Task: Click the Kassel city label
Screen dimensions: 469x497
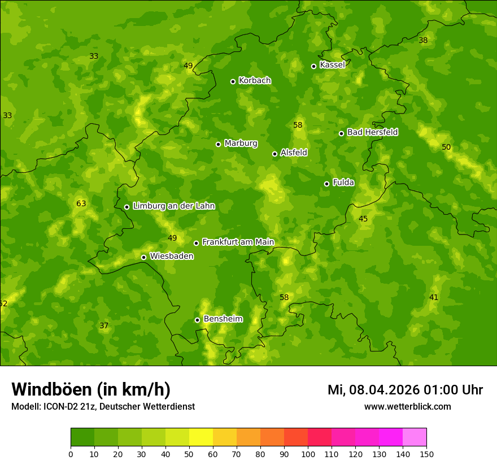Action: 332,65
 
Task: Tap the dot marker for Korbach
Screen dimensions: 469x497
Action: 233,81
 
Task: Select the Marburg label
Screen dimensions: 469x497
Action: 241,144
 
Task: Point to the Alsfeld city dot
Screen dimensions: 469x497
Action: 274,154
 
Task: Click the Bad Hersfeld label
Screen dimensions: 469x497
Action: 372,132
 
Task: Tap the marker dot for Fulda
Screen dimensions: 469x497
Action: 326,184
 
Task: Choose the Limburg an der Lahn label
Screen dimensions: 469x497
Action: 173,206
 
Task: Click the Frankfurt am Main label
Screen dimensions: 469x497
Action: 238,242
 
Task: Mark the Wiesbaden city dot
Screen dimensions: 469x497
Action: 143,257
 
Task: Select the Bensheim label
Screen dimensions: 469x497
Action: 223,319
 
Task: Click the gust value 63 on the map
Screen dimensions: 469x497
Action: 81,203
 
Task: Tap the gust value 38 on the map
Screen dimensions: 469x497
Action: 423,40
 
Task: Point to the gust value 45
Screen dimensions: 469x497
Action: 363,219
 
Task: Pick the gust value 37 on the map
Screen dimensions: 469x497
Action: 104,325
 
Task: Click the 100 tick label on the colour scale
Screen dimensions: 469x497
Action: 308,454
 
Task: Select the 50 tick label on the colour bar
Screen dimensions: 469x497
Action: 189,454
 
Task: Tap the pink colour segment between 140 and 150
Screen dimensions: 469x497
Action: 415,437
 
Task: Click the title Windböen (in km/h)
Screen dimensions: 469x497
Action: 91,389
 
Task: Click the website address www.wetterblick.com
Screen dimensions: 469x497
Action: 407,406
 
